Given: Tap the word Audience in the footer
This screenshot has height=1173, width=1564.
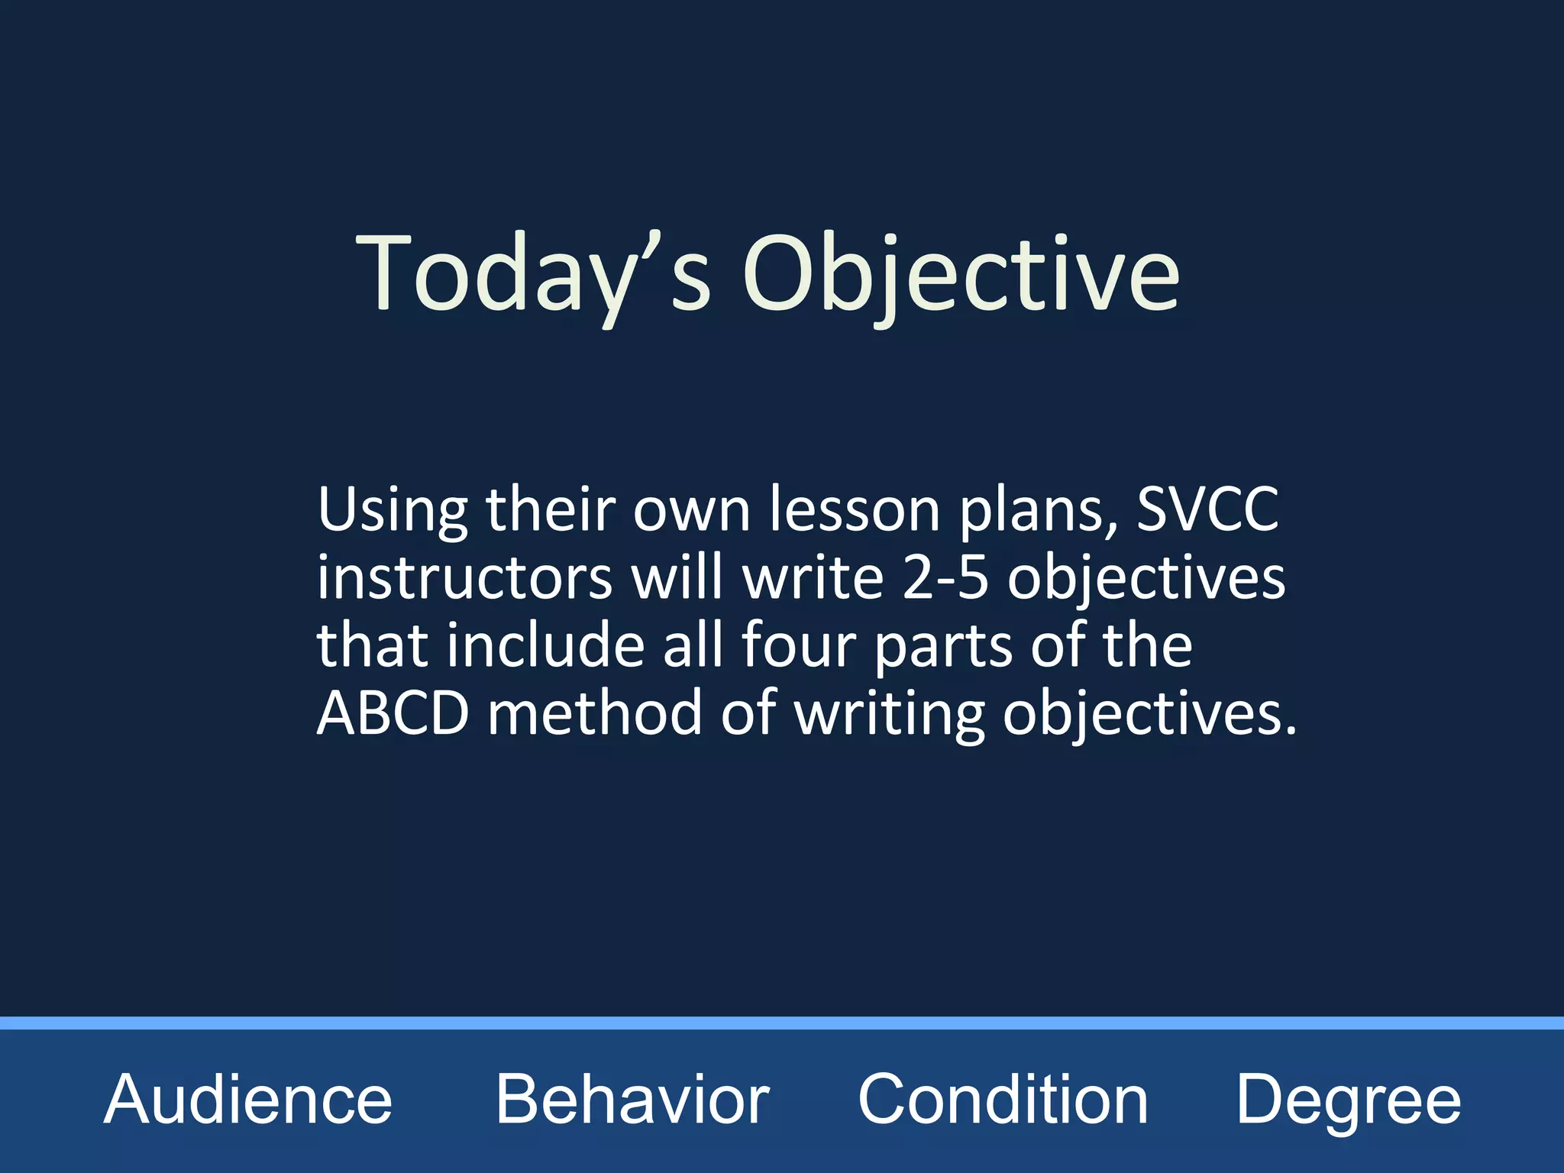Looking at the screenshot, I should coord(248,1100).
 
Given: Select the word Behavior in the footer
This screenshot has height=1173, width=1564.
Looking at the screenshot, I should coord(632,1100).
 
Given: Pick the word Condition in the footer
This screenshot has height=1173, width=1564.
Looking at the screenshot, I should coord(1003,1100).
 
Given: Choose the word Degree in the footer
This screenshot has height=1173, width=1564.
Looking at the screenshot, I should coord(1348,1100).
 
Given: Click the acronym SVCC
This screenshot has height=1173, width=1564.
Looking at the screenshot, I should coord(1207,509).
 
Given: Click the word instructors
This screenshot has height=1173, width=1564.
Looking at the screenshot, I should coord(464,578).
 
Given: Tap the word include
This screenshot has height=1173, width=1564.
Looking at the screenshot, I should coord(546,646).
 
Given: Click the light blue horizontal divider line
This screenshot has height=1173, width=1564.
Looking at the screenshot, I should coord(782,1023).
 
